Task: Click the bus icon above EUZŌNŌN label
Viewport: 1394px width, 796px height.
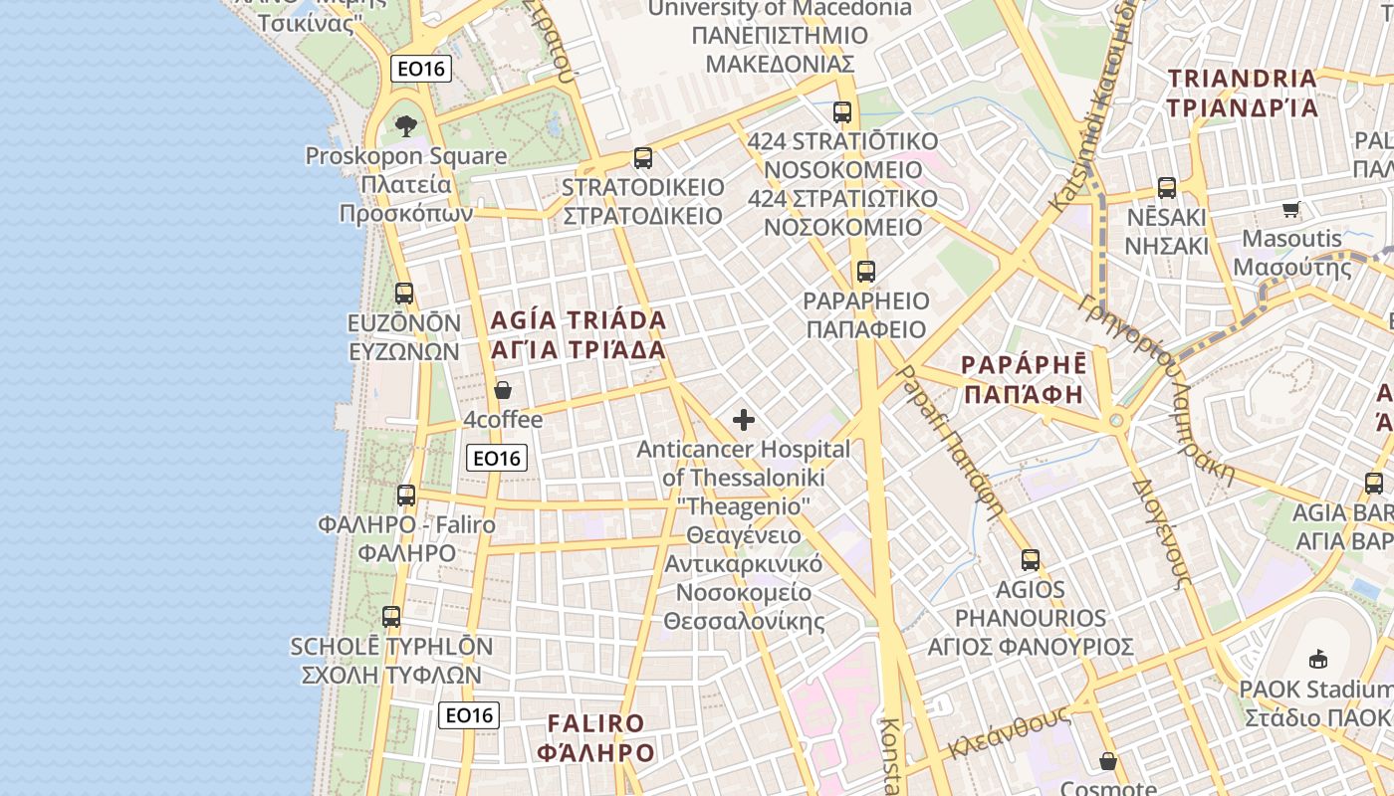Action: point(404,294)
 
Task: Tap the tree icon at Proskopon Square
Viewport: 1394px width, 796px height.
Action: point(405,126)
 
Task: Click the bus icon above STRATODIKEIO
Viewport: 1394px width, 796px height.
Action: point(643,158)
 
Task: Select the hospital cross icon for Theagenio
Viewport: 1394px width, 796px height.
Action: point(744,420)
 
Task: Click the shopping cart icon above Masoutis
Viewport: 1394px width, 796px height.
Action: point(1291,209)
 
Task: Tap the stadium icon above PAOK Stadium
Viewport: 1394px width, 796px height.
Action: point(1318,659)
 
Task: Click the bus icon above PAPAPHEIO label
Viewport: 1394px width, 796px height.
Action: point(865,271)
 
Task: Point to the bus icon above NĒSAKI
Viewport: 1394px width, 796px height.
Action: point(1166,187)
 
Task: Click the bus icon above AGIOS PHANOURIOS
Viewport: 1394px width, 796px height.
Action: point(1031,560)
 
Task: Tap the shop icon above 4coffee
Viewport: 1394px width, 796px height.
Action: point(503,390)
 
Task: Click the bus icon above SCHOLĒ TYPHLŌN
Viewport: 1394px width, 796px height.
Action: point(391,617)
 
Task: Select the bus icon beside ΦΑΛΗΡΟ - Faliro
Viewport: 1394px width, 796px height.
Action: point(406,496)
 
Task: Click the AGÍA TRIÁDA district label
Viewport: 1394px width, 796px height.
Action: point(578,335)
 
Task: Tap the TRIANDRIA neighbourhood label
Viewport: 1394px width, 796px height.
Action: point(1243,93)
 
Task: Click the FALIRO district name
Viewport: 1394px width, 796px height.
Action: point(595,737)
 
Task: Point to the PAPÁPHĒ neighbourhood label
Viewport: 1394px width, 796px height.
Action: point(1024,379)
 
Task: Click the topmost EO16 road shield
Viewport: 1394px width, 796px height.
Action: point(421,69)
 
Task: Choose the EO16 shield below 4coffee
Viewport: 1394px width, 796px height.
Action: point(497,458)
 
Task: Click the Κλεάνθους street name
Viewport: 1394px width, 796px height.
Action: point(1008,733)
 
